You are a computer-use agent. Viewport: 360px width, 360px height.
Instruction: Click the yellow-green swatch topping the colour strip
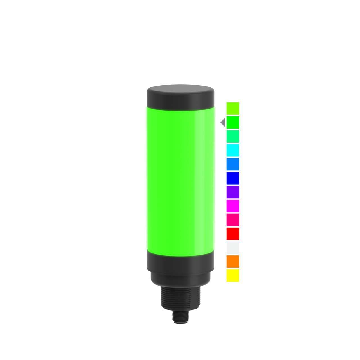[x=233, y=108]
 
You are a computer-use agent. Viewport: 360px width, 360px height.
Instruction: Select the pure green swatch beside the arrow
[x=233, y=122]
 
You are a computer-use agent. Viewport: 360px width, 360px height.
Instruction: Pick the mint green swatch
[x=233, y=136]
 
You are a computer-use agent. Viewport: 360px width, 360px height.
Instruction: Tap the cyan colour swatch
[x=233, y=150]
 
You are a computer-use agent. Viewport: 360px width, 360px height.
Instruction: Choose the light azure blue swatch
[x=233, y=164]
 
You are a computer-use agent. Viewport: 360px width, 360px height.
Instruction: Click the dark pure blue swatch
[x=233, y=178]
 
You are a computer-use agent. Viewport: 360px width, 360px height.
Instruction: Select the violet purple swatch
[x=233, y=192]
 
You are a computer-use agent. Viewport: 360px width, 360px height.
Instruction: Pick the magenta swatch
[x=233, y=206]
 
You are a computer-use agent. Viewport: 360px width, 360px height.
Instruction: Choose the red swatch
[x=233, y=233]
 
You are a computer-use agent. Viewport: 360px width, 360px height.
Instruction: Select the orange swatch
[x=233, y=261]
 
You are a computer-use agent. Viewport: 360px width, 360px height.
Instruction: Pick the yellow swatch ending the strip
[x=233, y=275]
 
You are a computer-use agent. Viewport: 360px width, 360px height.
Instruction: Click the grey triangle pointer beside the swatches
[x=223, y=123]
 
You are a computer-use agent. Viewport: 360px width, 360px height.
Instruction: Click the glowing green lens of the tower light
[x=181, y=180]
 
